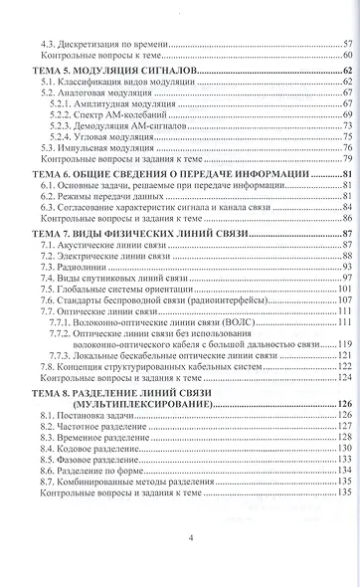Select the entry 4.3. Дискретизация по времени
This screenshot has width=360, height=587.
click(107, 45)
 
